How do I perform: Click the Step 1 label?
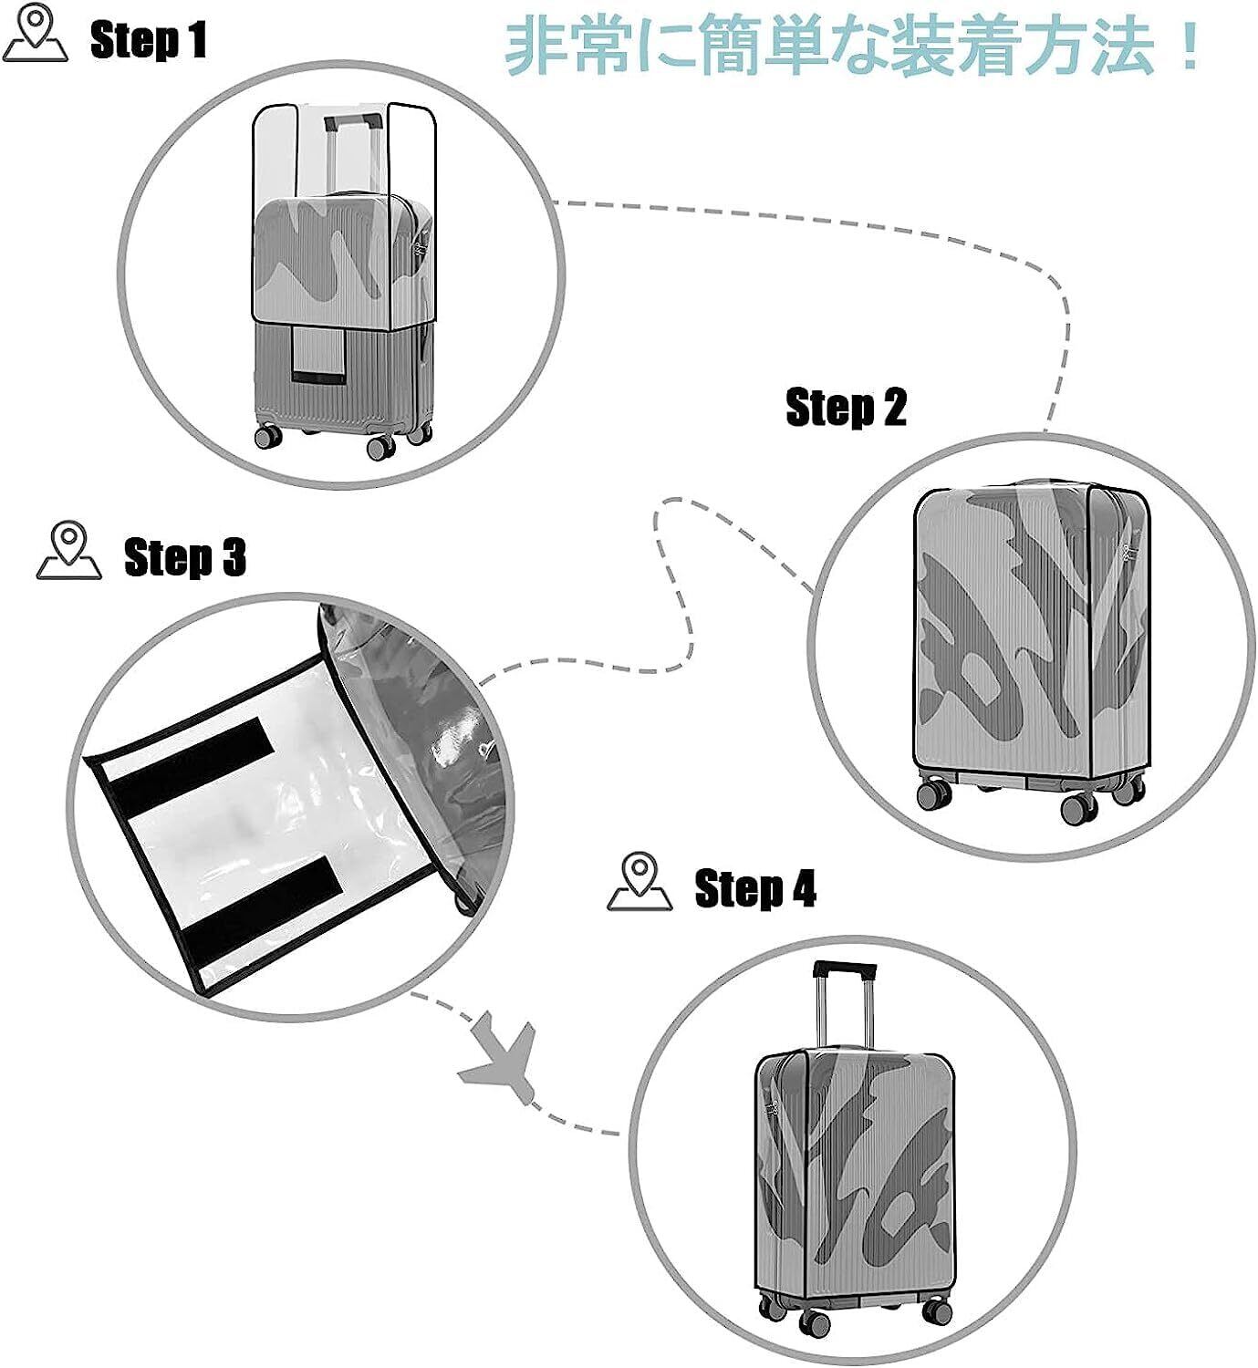[x=148, y=40]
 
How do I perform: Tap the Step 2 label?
[x=846, y=407]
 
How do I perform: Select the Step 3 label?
[x=184, y=556]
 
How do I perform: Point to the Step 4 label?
[x=754, y=887]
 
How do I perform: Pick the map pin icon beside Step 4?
[x=639, y=883]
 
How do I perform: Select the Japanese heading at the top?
[x=853, y=47]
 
